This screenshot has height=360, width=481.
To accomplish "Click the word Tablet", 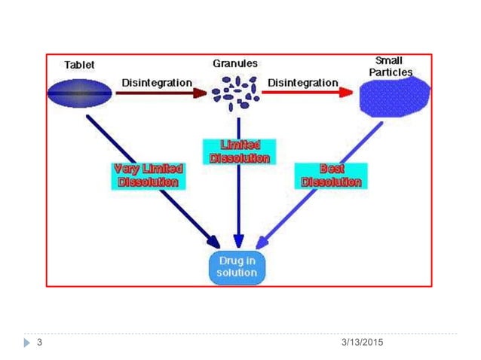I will [80, 65].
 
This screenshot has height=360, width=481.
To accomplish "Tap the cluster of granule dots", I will [235, 89].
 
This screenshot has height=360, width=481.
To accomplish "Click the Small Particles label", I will [394, 66].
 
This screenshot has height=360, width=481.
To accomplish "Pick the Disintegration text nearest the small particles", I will [304, 81].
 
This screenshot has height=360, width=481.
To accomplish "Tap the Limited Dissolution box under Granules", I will [240, 151].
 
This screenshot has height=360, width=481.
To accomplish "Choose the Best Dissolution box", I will [330, 175].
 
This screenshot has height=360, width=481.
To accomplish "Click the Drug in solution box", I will [237, 267].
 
